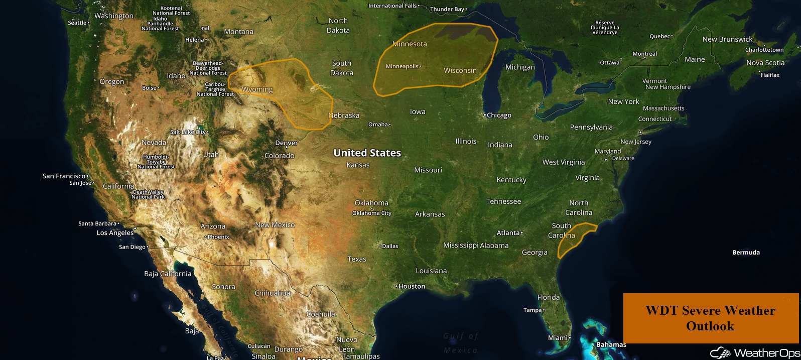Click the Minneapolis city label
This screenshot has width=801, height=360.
(x=402, y=66)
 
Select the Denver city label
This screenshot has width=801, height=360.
(x=286, y=143)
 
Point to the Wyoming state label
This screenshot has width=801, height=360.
(x=257, y=89)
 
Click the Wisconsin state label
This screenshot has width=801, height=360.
(x=460, y=70)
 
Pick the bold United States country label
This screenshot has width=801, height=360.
(x=367, y=153)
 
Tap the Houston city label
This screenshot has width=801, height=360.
(x=412, y=286)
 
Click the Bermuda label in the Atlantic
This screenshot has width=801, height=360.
(x=746, y=253)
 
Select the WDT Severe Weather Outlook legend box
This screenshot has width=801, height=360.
(x=710, y=318)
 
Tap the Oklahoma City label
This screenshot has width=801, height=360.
(x=371, y=213)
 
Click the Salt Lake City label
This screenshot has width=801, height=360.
(x=188, y=132)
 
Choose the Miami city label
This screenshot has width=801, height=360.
(x=558, y=338)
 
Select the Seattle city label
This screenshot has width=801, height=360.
(x=77, y=23)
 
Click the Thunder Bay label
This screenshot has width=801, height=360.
(x=447, y=9)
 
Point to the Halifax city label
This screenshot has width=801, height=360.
(x=770, y=75)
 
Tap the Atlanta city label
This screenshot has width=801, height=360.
(x=508, y=233)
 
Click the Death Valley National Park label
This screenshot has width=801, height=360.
(x=148, y=194)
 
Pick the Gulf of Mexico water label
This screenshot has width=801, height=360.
(x=461, y=343)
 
